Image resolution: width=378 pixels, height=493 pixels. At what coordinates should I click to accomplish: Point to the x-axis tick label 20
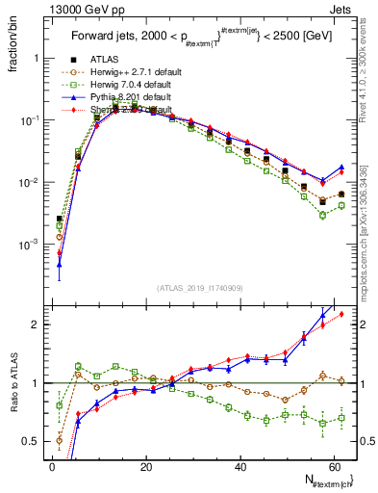pos(146,467)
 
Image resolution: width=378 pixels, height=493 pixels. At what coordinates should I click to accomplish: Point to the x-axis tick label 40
pos(239,467)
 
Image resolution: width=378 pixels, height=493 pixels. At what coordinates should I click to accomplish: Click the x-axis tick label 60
pos(333,467)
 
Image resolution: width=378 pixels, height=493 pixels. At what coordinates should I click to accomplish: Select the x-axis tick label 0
pos(53,467)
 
